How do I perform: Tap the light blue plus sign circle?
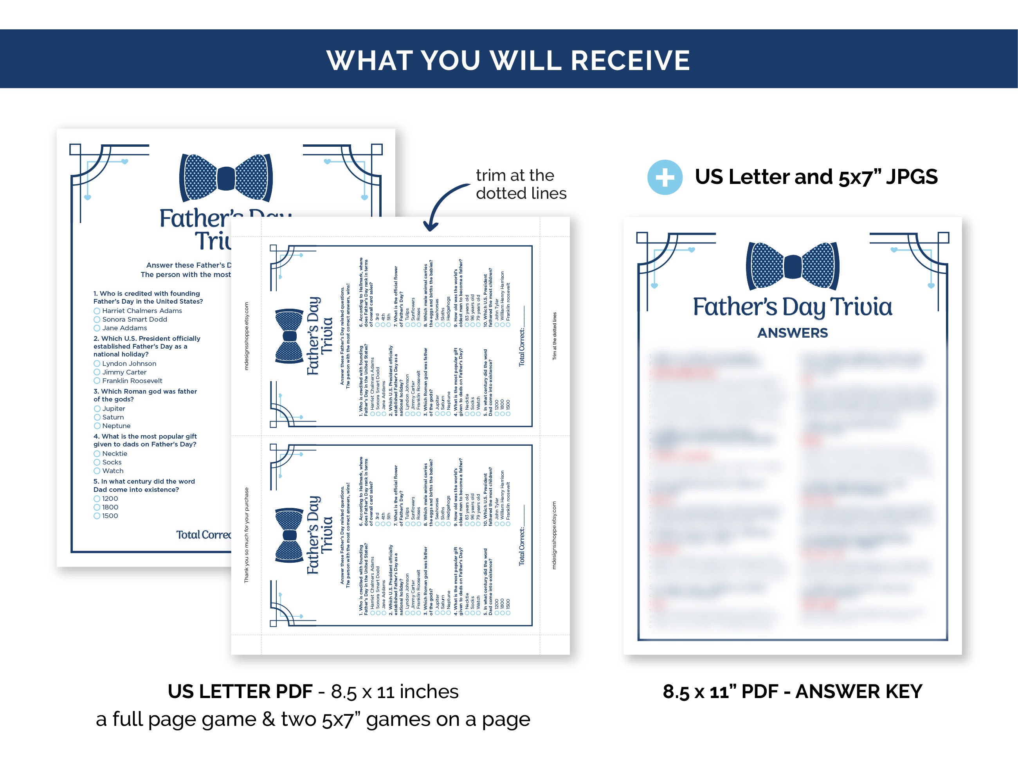665,178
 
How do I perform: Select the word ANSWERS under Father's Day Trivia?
793,333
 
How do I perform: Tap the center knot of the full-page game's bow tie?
226,178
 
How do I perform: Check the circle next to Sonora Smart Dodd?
97,320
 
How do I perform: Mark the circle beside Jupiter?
97,409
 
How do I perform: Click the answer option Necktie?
115,454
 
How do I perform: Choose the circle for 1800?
97,507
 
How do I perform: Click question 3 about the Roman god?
145,395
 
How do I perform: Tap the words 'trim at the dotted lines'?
521,184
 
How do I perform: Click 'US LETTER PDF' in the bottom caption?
240,692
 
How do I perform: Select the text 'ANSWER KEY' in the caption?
859,692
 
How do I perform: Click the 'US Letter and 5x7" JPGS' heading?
816,177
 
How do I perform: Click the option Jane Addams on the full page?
124,328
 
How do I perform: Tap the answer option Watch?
113,471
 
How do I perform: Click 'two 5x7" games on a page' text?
405,720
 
